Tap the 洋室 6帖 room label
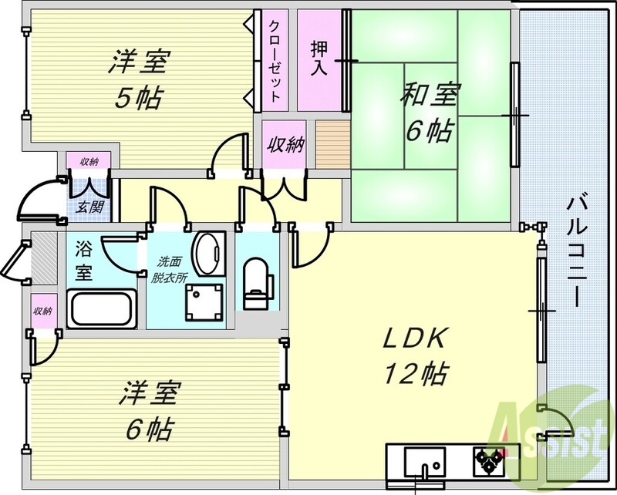pyautogui.click(x=148, y=409)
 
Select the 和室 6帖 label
pyautogui.click(x=429, y=113)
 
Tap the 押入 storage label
pyautogui.click(x=319, y=58)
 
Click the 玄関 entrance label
pyautogui.click(x=86, y=206)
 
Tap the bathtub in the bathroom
pyautogui.click(x=103, y=311)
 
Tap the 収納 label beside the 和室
pyautogui.click(x=285, y=145)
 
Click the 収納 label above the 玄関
pyautogui.click(x=89, y=162)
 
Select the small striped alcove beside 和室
pyautogui.click(x=331, y=144)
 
